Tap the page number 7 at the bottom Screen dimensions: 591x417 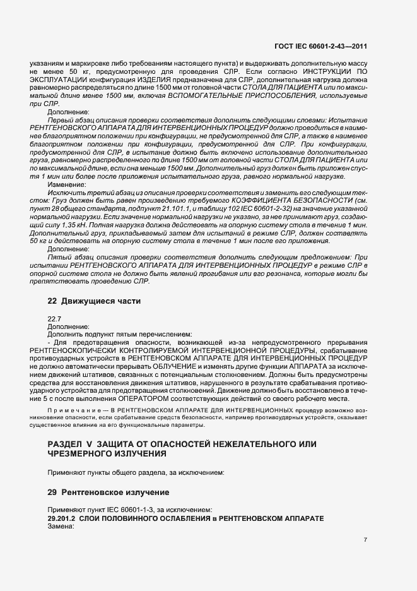pos(365,539)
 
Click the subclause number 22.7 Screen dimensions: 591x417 pos(54,319)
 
